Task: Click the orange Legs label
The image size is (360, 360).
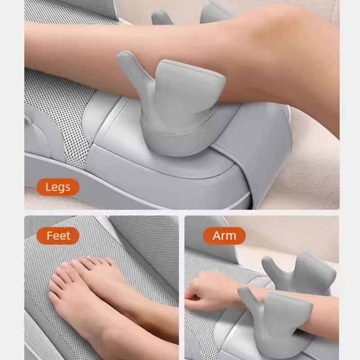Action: coord(58,187)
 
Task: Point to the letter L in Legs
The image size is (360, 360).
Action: coord(48,187)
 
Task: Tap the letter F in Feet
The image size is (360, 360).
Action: coord(49,235)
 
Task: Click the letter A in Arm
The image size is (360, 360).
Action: coord(215,235)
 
